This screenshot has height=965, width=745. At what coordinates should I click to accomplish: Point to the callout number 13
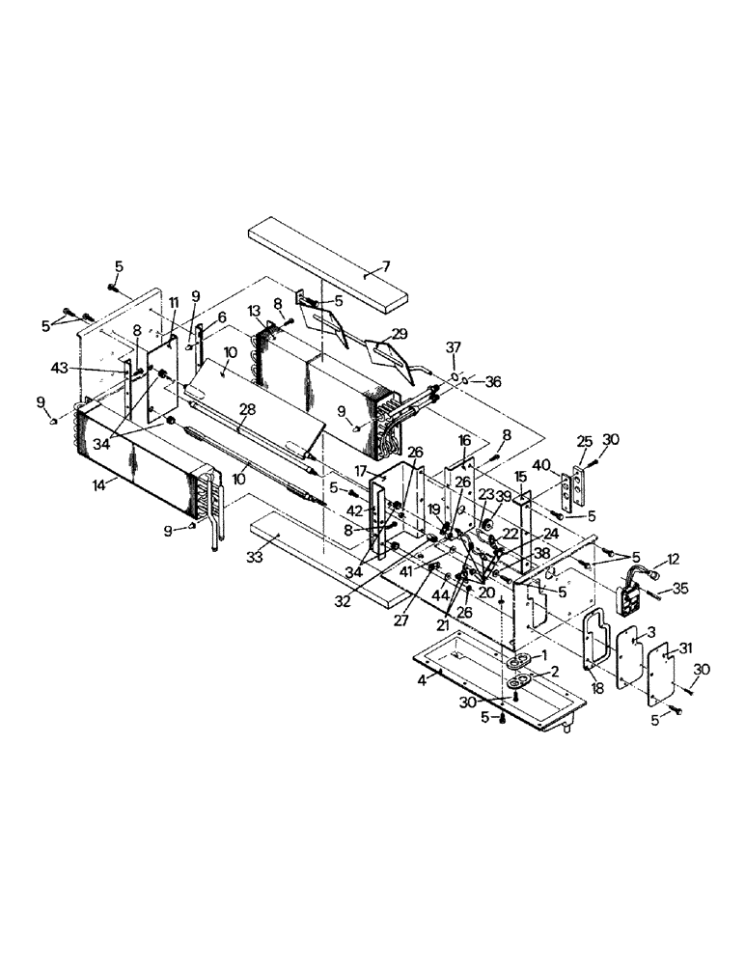(255, 310)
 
